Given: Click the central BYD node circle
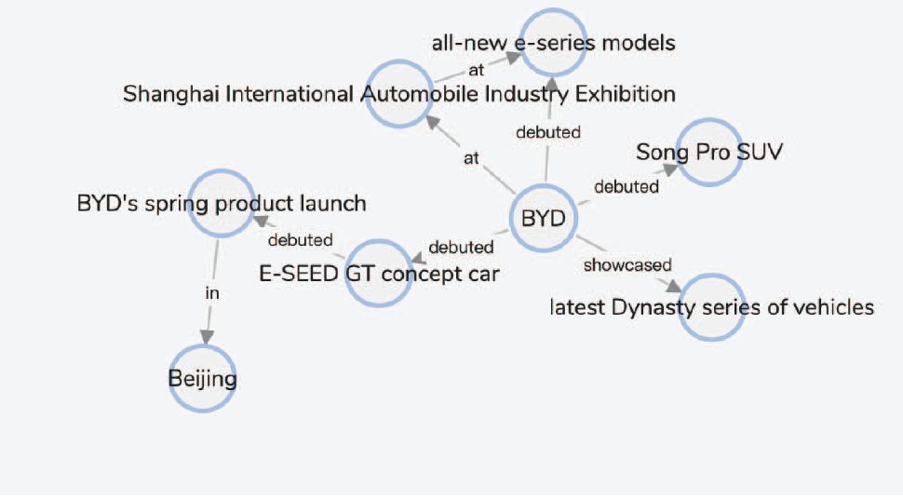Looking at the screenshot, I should (x=544, y=221).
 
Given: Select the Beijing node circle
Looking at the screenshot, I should (x=202, y=378).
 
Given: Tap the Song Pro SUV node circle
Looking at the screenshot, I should (x=709, y=151).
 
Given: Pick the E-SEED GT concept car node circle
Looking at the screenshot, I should (x=378, y=274).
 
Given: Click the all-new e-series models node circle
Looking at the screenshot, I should (x=553, y=42).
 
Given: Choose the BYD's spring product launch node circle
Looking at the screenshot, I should (x=222, y=203).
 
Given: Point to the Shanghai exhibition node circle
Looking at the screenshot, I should (x=399, y=93).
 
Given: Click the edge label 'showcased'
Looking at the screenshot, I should (x=627, y=265).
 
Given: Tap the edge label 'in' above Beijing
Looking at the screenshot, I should (x=212, y=292).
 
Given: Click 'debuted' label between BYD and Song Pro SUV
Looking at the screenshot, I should (x=627, y=186).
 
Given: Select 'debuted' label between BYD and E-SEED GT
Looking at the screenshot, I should (x=461, y=248).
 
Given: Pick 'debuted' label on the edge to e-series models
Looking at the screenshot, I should (x=548, y=132).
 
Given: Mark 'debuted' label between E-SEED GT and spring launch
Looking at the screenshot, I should (x=300, y=240).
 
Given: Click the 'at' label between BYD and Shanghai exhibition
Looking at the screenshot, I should (x=472, y=158).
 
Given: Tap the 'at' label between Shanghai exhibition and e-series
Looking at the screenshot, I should (x=477, y=69).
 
